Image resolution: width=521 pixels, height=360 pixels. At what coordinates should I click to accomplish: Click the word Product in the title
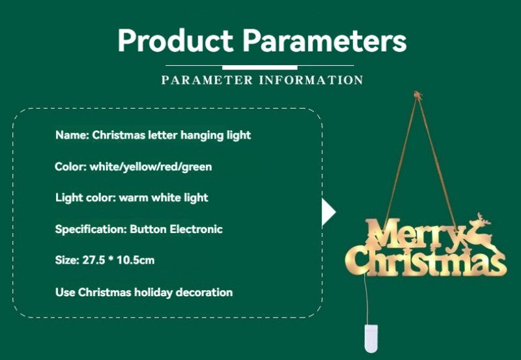(175, 40)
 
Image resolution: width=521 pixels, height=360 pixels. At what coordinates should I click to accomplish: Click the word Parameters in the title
(324, 40)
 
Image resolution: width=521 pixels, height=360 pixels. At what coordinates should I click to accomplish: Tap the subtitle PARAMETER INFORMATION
(262, 80)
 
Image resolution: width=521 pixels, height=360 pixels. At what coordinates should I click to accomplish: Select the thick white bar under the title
(260, 67)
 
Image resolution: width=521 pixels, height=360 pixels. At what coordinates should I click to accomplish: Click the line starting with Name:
(153, 135)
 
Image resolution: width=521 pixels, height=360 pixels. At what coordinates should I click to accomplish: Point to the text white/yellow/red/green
(151, 167)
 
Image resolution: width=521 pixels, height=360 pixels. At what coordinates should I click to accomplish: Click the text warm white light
(163, 197)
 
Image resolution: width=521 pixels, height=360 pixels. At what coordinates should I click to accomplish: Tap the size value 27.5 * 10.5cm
(119, 260)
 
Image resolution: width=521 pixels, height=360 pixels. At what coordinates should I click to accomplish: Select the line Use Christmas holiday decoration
(144, 292)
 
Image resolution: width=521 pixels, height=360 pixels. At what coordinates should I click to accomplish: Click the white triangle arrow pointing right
(329, 212)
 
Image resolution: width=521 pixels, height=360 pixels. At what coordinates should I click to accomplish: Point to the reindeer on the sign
(479, 231)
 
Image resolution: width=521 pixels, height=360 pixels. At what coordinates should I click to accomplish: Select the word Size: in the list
(67, 260)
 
